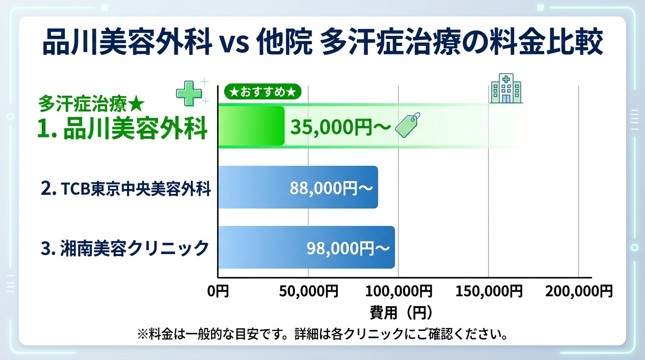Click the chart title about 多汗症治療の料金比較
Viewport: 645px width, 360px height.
pos(322,43)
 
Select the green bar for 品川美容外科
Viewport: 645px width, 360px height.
pos(251,126)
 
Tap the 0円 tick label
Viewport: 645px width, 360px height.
pos(218,292)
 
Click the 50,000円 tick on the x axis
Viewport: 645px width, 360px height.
pos(308,292)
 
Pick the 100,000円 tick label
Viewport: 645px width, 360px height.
pos(398,292)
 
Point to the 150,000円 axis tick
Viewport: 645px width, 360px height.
pos(489,292)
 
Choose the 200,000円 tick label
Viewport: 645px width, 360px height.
pos(579,292)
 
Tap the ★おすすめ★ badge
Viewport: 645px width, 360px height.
pos(262,92)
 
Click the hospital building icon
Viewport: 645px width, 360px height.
pos(506,89)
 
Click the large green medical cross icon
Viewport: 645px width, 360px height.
pos(188,92)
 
